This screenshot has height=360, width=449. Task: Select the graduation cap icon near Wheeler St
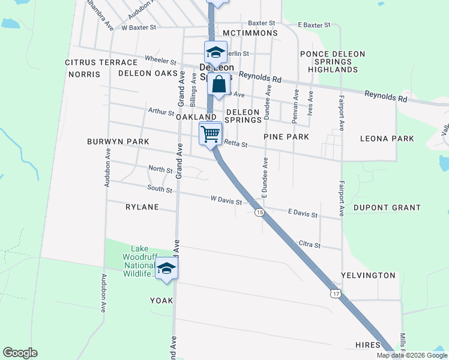click(x=215, y=52)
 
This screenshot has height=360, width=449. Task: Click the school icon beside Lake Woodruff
click(x=167, y=269)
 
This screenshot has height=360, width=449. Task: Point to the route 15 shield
click(x=259, y=212)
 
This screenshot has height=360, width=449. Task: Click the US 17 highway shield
click(x=336, y=293)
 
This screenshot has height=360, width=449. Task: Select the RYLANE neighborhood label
click(x=142, y=207)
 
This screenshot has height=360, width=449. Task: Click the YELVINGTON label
click(x=368, y=275)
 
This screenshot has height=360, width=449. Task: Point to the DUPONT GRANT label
click(x=387, y=208)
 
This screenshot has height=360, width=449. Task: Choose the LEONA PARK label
click(x=387, y=139)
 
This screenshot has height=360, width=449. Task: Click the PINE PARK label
click(x=286, y=137)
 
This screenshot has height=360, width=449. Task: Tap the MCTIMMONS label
click(x=250, y=33)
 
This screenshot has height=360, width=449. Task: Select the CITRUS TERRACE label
click(x=101, y=62)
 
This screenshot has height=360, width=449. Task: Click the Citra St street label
click(x=310, y=245)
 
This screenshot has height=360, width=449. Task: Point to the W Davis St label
click(x=226, y=201)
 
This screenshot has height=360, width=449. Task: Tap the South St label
click(x=160, y=190)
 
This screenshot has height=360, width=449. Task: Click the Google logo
click(x=20, y=353)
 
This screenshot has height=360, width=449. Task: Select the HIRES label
click(x=367, y=345)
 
